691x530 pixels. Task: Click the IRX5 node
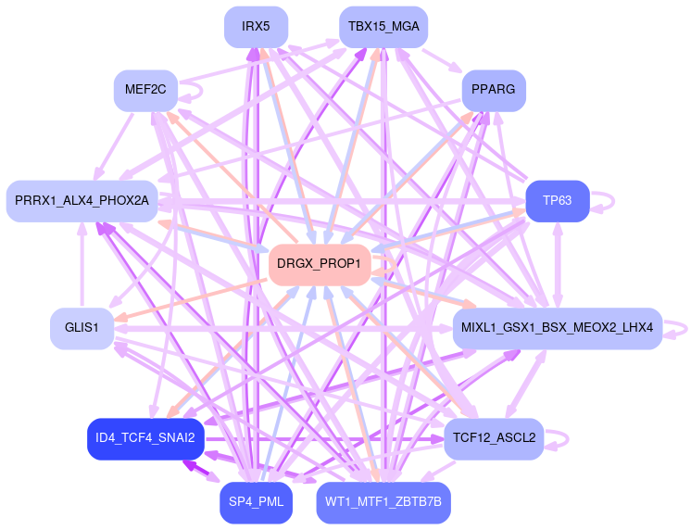[256, 27]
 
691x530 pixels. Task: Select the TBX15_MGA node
[383, 27]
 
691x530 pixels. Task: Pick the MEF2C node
[145, 91]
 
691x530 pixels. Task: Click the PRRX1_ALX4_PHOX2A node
[82, 201]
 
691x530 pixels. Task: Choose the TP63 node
[558, 201]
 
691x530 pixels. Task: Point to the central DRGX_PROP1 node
[320, 265]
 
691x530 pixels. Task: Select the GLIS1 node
[82, 329]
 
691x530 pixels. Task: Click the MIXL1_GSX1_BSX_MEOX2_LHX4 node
[557, 329]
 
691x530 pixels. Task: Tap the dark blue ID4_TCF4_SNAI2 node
[144, 438]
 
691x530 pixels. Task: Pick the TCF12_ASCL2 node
[494, 438]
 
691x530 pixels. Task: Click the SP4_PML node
[256, 502]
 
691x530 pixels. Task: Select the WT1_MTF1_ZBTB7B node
[383, 502]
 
